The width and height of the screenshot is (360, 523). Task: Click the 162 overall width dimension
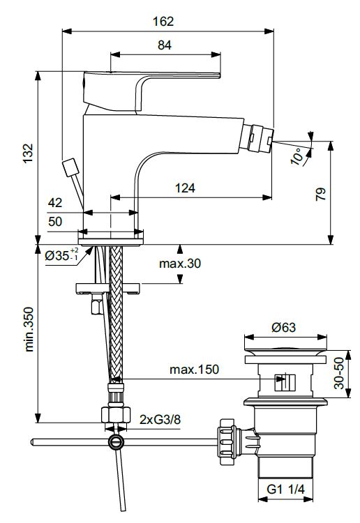tap(163, 22)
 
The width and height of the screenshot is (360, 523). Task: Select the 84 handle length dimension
tap(165, 45)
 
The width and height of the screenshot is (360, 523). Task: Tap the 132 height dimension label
tap(28, 153)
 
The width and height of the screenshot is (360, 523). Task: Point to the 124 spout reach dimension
tap(185, 188)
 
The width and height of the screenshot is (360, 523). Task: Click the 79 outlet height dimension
tap(321, 194)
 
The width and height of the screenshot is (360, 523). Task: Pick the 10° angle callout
tap(297, 156)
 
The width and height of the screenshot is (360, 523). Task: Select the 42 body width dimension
tap(55, 202)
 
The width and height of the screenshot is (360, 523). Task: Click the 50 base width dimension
tap(55, 221)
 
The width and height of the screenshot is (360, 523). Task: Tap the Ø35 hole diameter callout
tap(62, 255)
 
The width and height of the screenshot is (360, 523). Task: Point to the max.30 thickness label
tap(180, 264)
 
